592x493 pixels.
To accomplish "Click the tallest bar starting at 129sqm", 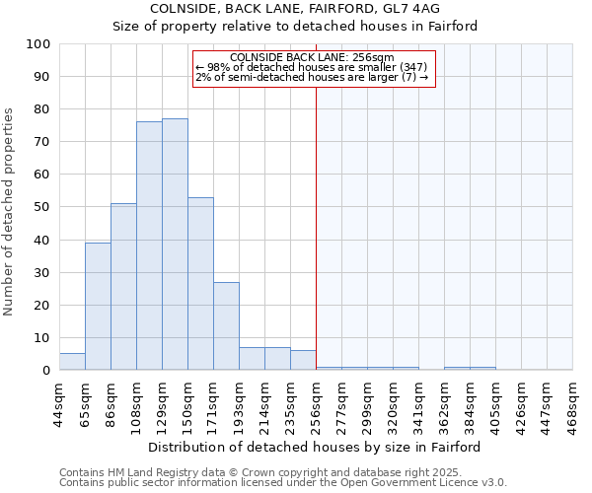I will (x=175, y=245).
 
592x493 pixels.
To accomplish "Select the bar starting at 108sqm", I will (x=149, y=246).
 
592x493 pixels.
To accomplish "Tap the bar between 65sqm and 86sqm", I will (x=98, y=306).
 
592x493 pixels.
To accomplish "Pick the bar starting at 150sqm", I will (x=200, y=284).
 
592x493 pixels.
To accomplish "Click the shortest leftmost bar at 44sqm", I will (x=72, y=362).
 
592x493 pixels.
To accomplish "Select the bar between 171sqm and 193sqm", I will (x=226, y=326).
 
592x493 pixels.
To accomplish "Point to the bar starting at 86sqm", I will (x=123, y=287).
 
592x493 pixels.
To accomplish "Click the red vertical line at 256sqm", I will (x=316, y=227).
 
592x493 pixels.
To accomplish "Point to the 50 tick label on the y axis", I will (x=42, y=207).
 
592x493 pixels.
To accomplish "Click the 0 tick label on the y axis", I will (x=46, y=371).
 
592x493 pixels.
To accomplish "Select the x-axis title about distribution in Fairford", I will (x=315, y=447).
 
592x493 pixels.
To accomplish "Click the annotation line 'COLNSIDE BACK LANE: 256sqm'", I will (x=312, y=57).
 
